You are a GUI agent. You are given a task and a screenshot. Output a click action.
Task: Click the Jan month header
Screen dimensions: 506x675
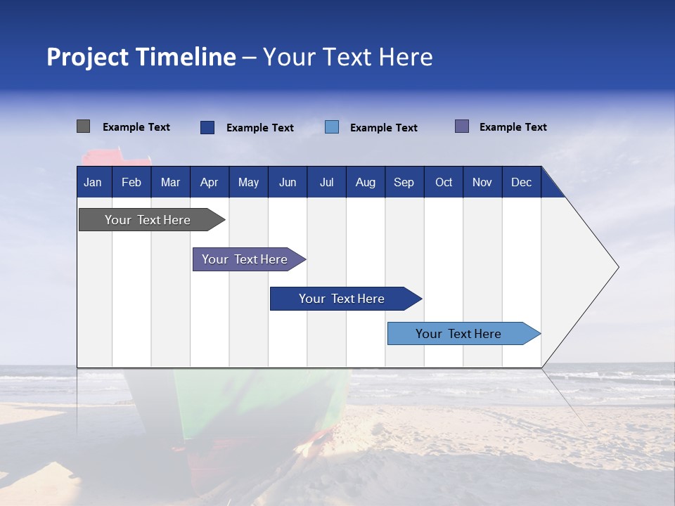pos(94,182)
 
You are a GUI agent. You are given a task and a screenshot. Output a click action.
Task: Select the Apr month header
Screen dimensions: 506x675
pos(210,182)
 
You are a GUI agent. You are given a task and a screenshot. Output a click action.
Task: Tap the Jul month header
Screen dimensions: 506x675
pos(326,182)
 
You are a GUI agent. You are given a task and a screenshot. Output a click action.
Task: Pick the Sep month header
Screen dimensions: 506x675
pos(404,182)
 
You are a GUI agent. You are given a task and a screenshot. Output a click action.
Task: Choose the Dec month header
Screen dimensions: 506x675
pos(521,182)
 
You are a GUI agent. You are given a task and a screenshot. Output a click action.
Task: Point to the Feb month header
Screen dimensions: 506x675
pos(131,182)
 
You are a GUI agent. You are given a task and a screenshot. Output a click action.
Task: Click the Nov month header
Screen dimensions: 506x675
pos(482,182)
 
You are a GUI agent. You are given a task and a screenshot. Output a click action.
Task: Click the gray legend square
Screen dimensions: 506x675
pos(83,126)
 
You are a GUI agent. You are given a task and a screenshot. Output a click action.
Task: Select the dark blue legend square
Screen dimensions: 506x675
pos(207,127)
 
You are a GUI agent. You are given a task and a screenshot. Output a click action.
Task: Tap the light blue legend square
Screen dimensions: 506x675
pos(332,127)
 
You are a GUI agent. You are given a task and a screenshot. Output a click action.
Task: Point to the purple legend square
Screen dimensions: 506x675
pos(462,126)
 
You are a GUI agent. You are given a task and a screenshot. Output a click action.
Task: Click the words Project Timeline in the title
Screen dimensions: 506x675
pos(141,57)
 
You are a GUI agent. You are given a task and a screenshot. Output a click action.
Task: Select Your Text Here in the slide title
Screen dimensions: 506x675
pos(348,57)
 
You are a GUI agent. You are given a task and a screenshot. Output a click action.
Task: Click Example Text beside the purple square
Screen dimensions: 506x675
pos(513,127)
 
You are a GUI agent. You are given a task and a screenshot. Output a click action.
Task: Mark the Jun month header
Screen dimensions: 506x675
pos(288,182)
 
